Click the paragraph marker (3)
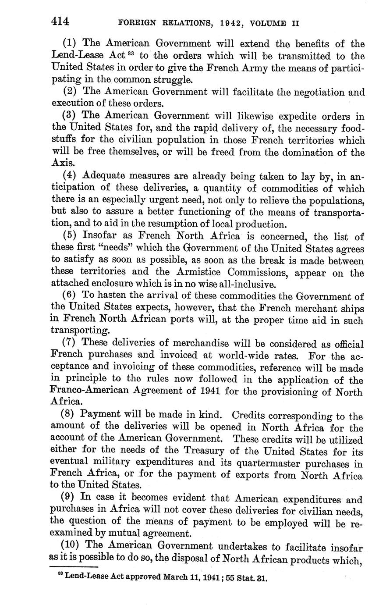tap(70, 116)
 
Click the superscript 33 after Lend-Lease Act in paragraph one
tap(132, 54)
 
